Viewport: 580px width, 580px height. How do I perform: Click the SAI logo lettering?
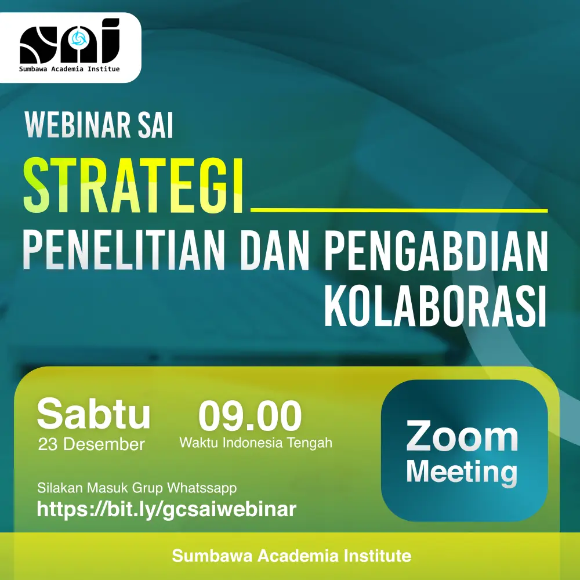(70, 41)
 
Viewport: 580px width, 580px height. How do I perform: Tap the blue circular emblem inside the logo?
(79, 38)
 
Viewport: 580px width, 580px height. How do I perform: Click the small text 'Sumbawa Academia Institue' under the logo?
(70, 69)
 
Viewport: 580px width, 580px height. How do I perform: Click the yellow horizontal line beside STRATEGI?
(399, 210)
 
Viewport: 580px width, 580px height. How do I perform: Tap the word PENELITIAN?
(124, 251)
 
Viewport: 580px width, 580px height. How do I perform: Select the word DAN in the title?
(274, 251)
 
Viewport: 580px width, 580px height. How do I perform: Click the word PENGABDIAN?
(437, 251)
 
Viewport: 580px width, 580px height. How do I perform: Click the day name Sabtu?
(94, 414)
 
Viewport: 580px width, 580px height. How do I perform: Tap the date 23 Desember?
(92, 444)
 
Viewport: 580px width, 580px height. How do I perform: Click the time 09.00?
(250, 415)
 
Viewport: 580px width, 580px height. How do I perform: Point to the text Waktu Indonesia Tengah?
(256, 443)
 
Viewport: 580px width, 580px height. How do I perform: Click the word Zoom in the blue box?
(462, 437)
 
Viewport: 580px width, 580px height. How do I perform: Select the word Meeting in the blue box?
(462, 472)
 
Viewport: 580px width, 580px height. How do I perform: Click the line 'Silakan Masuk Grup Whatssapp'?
(137, 488)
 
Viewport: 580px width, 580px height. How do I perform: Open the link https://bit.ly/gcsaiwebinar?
(167, 510)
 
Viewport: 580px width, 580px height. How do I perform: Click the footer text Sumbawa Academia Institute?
(292, 556)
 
